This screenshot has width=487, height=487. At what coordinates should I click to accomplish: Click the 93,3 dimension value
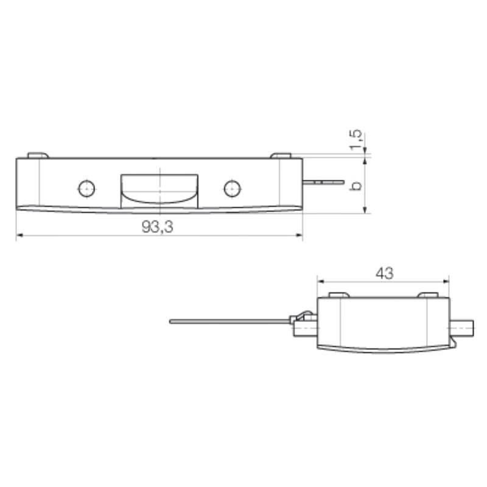click(x=157, y=226)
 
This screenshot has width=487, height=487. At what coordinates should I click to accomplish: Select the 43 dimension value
click(x=384, y=273)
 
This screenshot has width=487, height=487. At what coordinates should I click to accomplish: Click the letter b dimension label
click(x=358, y=186)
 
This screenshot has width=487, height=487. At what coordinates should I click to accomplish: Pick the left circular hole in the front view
click(x=86, y=189)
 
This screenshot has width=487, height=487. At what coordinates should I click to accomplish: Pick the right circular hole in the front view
click(x=231, y=189)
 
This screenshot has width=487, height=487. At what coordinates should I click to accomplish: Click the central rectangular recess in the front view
click(x=159, y=188)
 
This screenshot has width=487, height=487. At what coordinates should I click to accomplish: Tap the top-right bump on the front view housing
click(x=281, y=155)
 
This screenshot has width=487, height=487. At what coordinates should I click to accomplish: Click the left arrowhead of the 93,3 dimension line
click(x=19, y=236)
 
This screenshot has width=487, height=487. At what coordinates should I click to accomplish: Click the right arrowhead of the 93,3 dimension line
click(x=300, y=236)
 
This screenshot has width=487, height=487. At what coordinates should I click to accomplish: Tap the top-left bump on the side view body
click(x=338, y=295)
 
